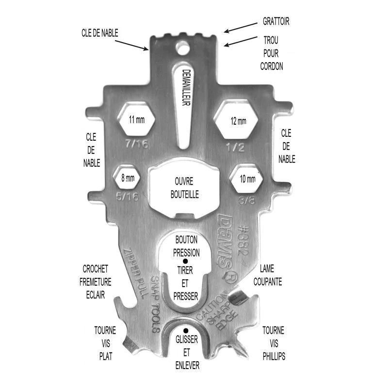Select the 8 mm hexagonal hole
(x=128, y=178)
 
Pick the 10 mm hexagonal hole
(x=247, y=179)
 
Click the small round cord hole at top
(x=183, y=49)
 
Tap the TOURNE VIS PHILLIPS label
(x=274, y=343)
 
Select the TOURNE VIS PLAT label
(x=105, y=343)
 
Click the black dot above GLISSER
(x=186, y=331)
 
